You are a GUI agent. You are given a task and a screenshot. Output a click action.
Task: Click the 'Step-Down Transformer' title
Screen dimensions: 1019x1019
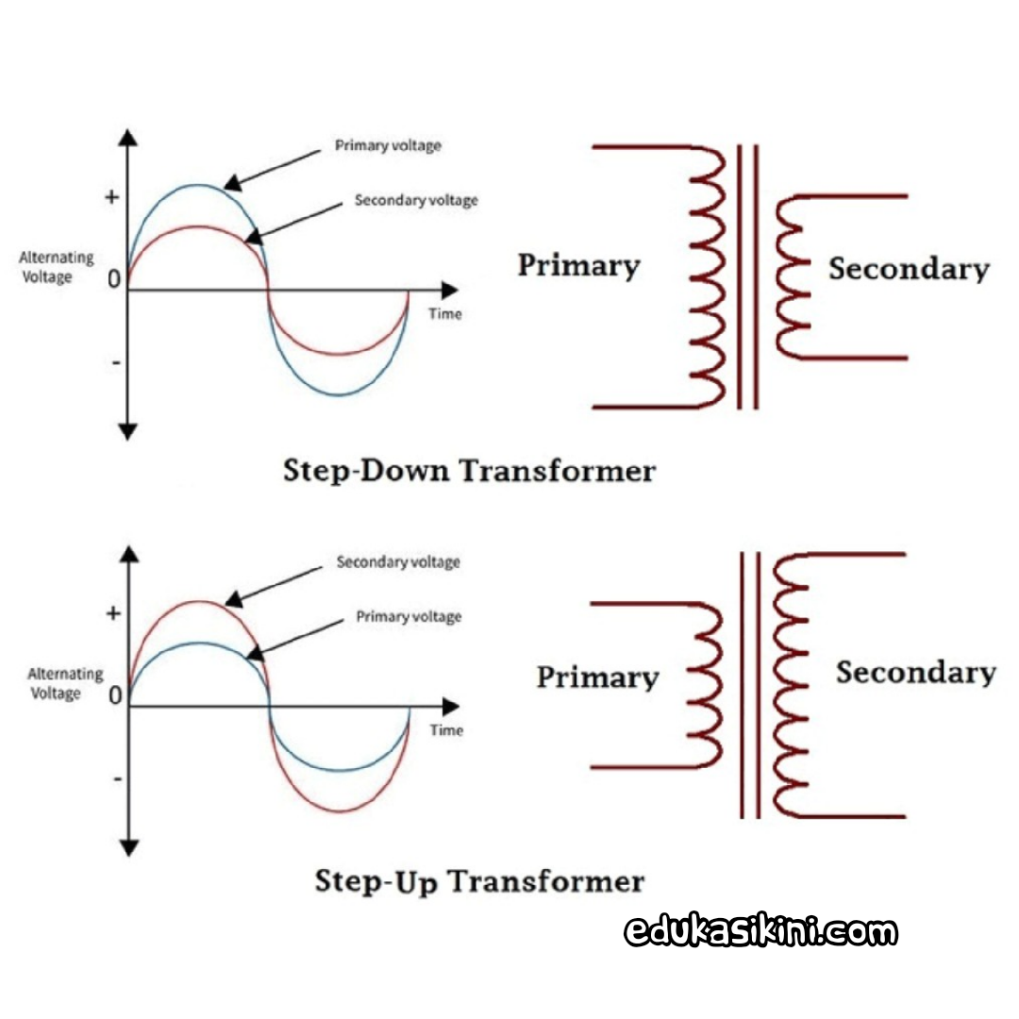[x=469, y=470]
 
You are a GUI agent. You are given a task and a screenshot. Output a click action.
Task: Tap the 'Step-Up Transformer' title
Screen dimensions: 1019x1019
[x=479, y=881]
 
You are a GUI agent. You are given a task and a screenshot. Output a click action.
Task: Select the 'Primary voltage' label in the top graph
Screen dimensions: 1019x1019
[x=388, y=146]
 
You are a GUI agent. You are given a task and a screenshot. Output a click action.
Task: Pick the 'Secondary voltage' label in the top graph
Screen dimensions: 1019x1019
[x=416, y=200]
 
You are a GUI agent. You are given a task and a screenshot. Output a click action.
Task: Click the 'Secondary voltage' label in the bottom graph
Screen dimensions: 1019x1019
[x=398, y=562]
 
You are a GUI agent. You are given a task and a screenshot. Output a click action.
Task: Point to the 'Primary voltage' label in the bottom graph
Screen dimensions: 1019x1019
[x=409, y=617]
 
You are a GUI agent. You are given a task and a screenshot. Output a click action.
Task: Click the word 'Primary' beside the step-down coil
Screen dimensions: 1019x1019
[x=578, y=266]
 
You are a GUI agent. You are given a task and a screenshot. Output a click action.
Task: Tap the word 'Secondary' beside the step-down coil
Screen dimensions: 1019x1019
[x=909, y=269]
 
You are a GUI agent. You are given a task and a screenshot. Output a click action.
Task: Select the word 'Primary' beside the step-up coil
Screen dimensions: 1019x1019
[x=597, y=677]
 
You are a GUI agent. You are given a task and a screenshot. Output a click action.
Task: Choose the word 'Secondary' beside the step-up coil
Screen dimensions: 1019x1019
[x=915, y=673]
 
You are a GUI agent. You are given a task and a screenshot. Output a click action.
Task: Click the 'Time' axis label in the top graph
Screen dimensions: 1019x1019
[x=445, y=314]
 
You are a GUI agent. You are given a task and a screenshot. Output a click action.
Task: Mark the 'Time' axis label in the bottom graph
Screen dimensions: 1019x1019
[x=446, y=730]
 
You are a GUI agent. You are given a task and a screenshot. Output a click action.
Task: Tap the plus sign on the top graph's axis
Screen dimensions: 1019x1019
[x=112, y=197]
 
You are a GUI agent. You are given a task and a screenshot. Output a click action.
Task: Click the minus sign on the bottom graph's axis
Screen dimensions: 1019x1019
[x=117, y=778]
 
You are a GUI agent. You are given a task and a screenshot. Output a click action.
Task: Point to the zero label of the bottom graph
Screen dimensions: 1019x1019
[x=115, y=697]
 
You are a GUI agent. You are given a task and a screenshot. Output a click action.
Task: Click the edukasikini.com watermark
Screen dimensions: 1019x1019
[x=760, y=932]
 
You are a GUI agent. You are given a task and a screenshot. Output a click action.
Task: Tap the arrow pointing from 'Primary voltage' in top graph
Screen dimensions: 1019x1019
[x=276, y=167]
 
